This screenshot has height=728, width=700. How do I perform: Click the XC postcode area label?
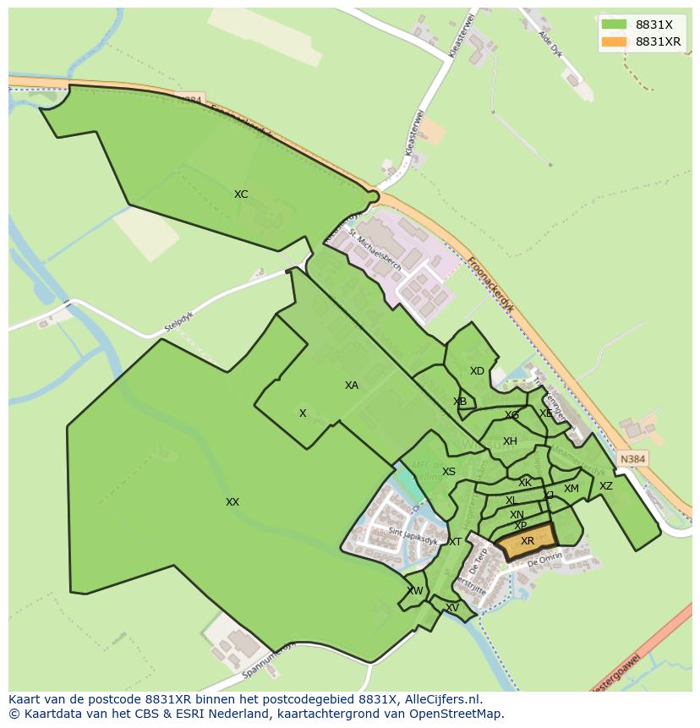pyautogui.click(x=241, y=194)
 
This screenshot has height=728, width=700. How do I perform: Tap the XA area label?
pyautogui.click(x=352, y=386)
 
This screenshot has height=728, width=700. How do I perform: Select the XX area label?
pyautogui.click(x=232, y=502)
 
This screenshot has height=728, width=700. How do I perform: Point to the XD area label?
pyautogui.click(x=478, y=371)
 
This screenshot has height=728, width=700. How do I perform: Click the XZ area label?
pyautogui.click(x=606, y=486)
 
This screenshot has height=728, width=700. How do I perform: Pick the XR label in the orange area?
pyautogui.click(x=528, y=541)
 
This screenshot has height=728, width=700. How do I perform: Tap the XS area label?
pyautogui.click(x=449, y=472)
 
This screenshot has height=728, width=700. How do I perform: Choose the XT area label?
pyautogui.click(x=455, y=542)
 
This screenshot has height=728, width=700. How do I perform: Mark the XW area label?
pyautogui.click(x=415, y=591)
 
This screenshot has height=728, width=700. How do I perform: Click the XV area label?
pyautogui.click(x=452, y=608)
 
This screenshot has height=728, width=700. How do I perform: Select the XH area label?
pyautogui.click(x=510, y=441)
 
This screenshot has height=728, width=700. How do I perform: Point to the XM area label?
pyautogui.click(x=571, y=489)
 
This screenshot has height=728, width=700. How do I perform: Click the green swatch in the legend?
pyautogui.click(x=615, y=25)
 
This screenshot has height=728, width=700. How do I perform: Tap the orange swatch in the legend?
pyautogui.click(x=615, y=41)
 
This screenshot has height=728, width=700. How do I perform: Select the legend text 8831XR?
pyautogui.click(x=659, y=41)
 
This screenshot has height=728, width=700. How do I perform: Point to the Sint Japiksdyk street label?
pyautogui.click(x=413, y=534)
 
